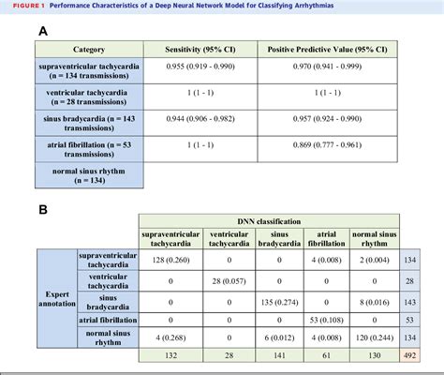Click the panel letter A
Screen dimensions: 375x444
click(x=43, y=32)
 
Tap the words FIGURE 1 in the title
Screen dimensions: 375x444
click(x=22, y=6)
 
